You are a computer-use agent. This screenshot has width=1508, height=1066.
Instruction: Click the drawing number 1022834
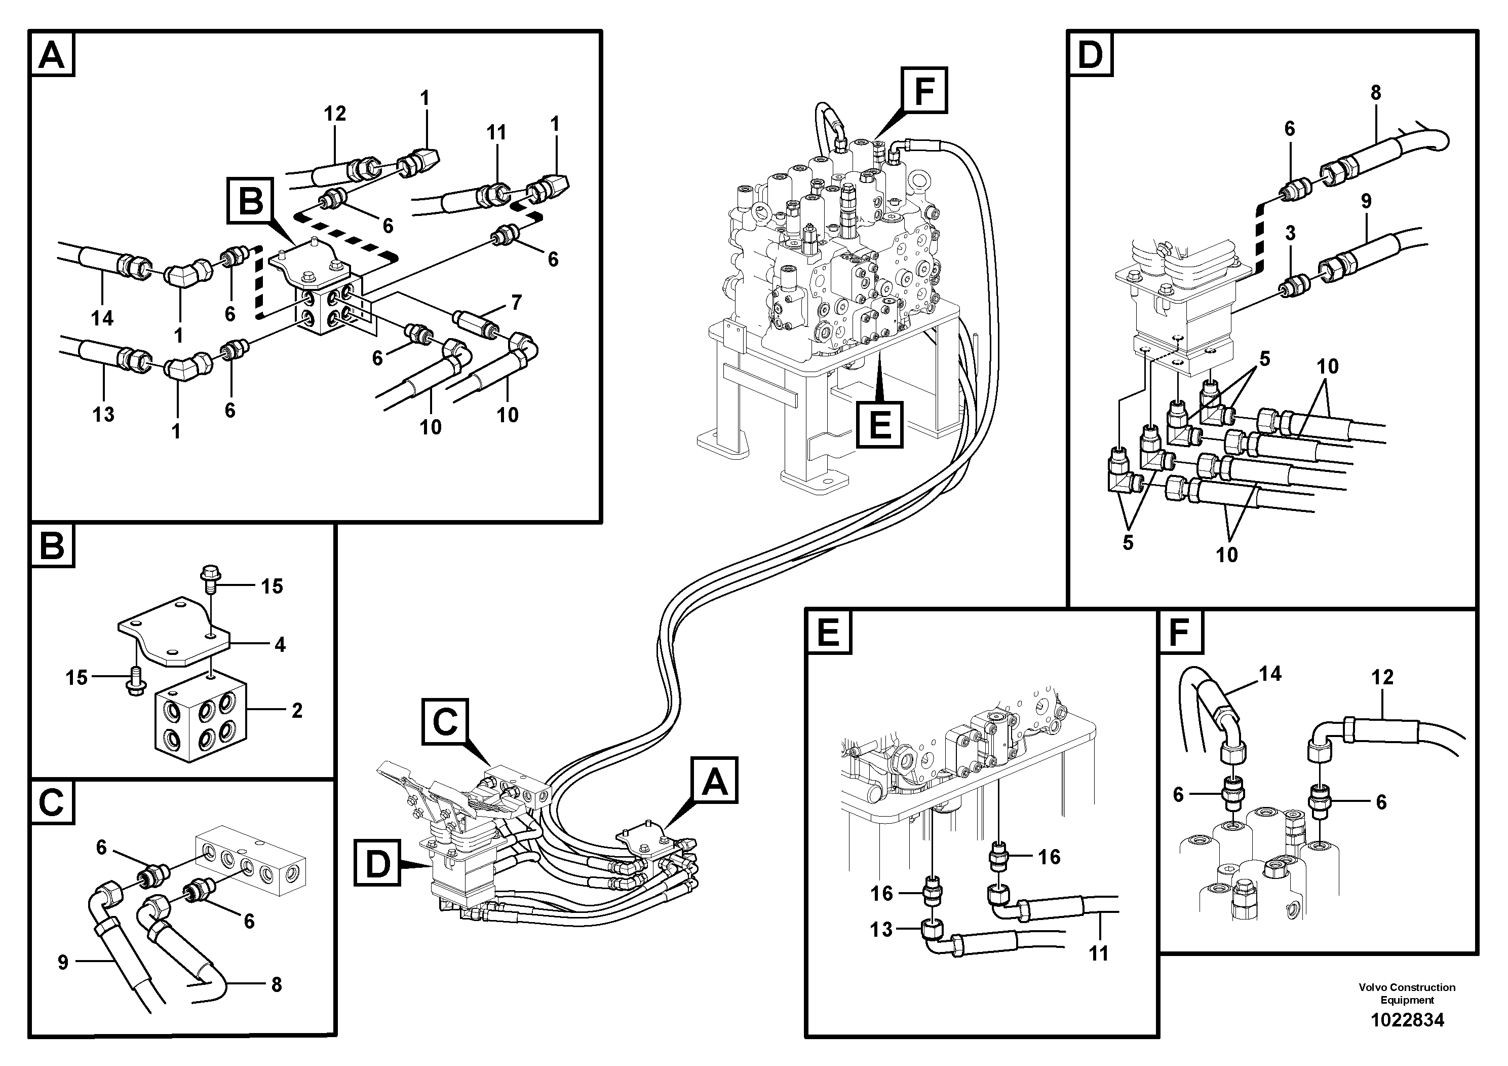pos(1406,1020)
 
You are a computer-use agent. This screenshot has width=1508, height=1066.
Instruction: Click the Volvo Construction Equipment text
pos(1406,993)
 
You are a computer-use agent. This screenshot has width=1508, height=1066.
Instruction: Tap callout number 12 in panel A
pos(334,114)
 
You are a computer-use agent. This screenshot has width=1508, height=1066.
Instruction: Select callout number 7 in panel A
pos(516,302)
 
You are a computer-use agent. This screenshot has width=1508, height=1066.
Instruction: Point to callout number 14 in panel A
pos(102,318)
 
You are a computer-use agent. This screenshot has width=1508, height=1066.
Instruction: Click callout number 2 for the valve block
pos(297,711)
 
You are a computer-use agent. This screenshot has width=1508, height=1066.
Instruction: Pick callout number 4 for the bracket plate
pos(280,645)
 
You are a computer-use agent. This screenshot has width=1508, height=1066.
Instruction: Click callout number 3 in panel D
pos(1290,233)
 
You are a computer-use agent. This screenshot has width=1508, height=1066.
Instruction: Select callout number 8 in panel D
pos(1375,93)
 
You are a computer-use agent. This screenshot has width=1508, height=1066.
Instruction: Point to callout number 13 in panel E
pos(881,929)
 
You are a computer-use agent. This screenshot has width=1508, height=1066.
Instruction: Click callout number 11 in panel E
pos(1099,953)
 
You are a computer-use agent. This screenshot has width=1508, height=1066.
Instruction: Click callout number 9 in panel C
pos(63,963)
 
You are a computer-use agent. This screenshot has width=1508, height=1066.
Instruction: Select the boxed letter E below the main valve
pos(879,424)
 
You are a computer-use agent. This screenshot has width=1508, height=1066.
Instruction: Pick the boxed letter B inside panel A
pos(251,200)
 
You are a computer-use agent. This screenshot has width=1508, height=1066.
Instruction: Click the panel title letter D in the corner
pos(1090,54)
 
